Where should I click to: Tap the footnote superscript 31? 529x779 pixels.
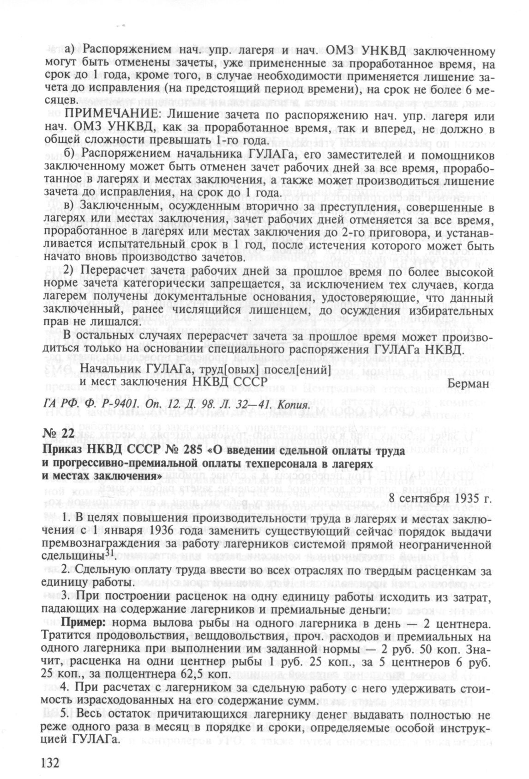(109, 553)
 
